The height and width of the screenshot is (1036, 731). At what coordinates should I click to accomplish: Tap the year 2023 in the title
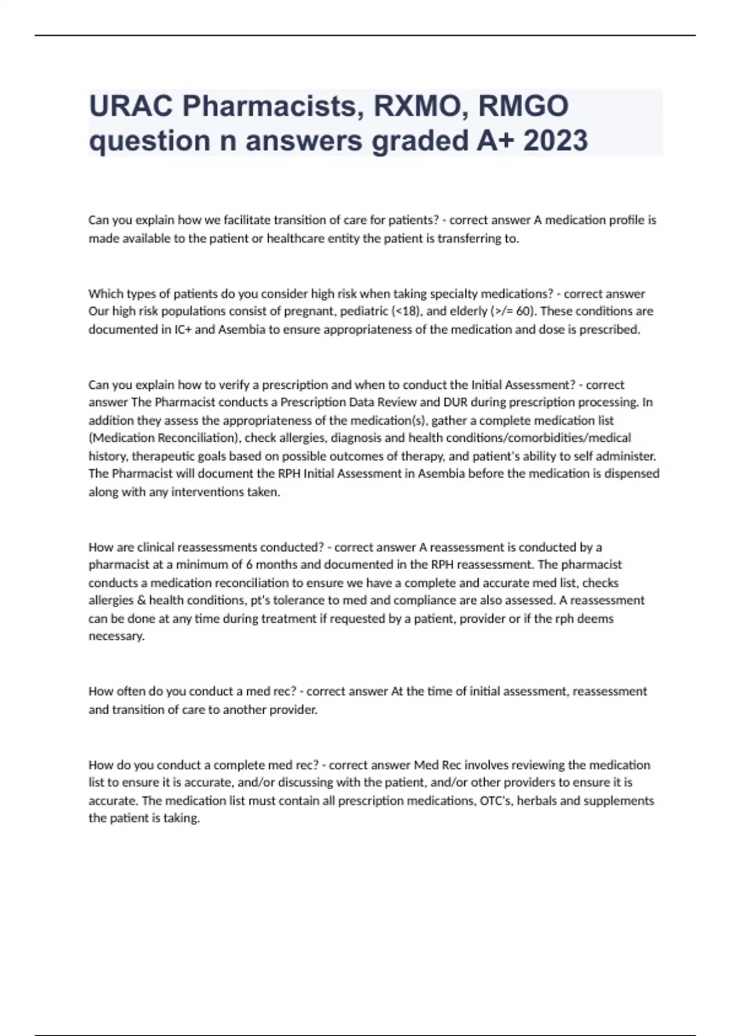click(x=556, y=141)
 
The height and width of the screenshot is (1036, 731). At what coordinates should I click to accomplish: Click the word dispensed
click(x=632, y=474)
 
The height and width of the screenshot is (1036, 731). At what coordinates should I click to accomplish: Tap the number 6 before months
click(x=249, y=565)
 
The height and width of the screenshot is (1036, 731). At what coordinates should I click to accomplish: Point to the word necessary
click(x=116, y=636)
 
